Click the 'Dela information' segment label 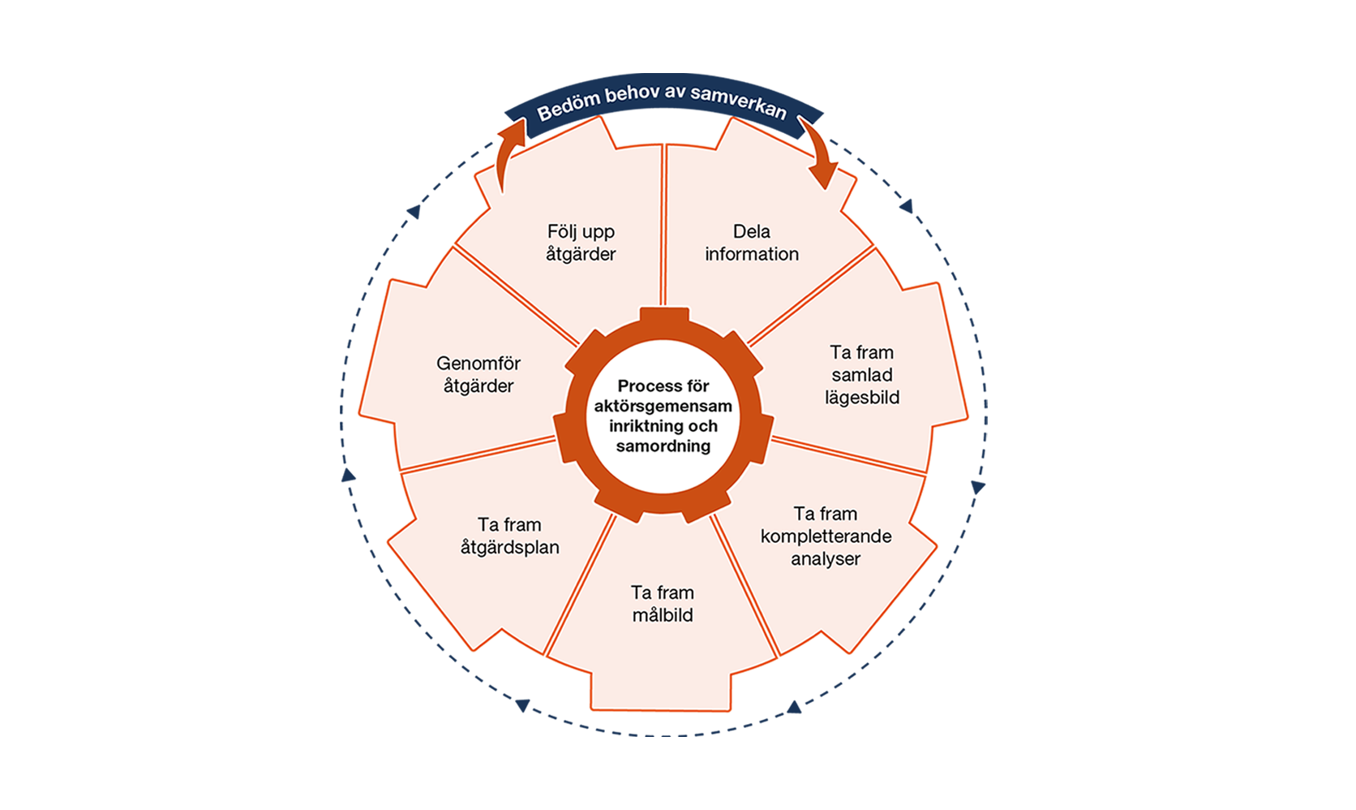point(751,243)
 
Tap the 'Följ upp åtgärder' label point(581,243)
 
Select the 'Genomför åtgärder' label point(478,374)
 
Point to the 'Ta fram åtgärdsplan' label point(509,536)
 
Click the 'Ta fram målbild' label point(663,603)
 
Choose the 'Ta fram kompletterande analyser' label point(826,536)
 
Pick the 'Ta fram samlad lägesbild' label point(862,374)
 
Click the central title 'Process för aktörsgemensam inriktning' point(663,406)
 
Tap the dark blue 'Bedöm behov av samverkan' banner point(663,103)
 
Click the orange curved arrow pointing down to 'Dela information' point(820,152)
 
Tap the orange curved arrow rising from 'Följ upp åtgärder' point(508,153)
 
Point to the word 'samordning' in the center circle point(663,446)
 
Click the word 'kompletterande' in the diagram point(826,536)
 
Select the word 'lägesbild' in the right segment point(862,398)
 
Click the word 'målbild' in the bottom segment point(663,615)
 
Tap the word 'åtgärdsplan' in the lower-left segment point(509,547)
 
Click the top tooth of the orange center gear point(664,315)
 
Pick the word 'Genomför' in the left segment point(478,364)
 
